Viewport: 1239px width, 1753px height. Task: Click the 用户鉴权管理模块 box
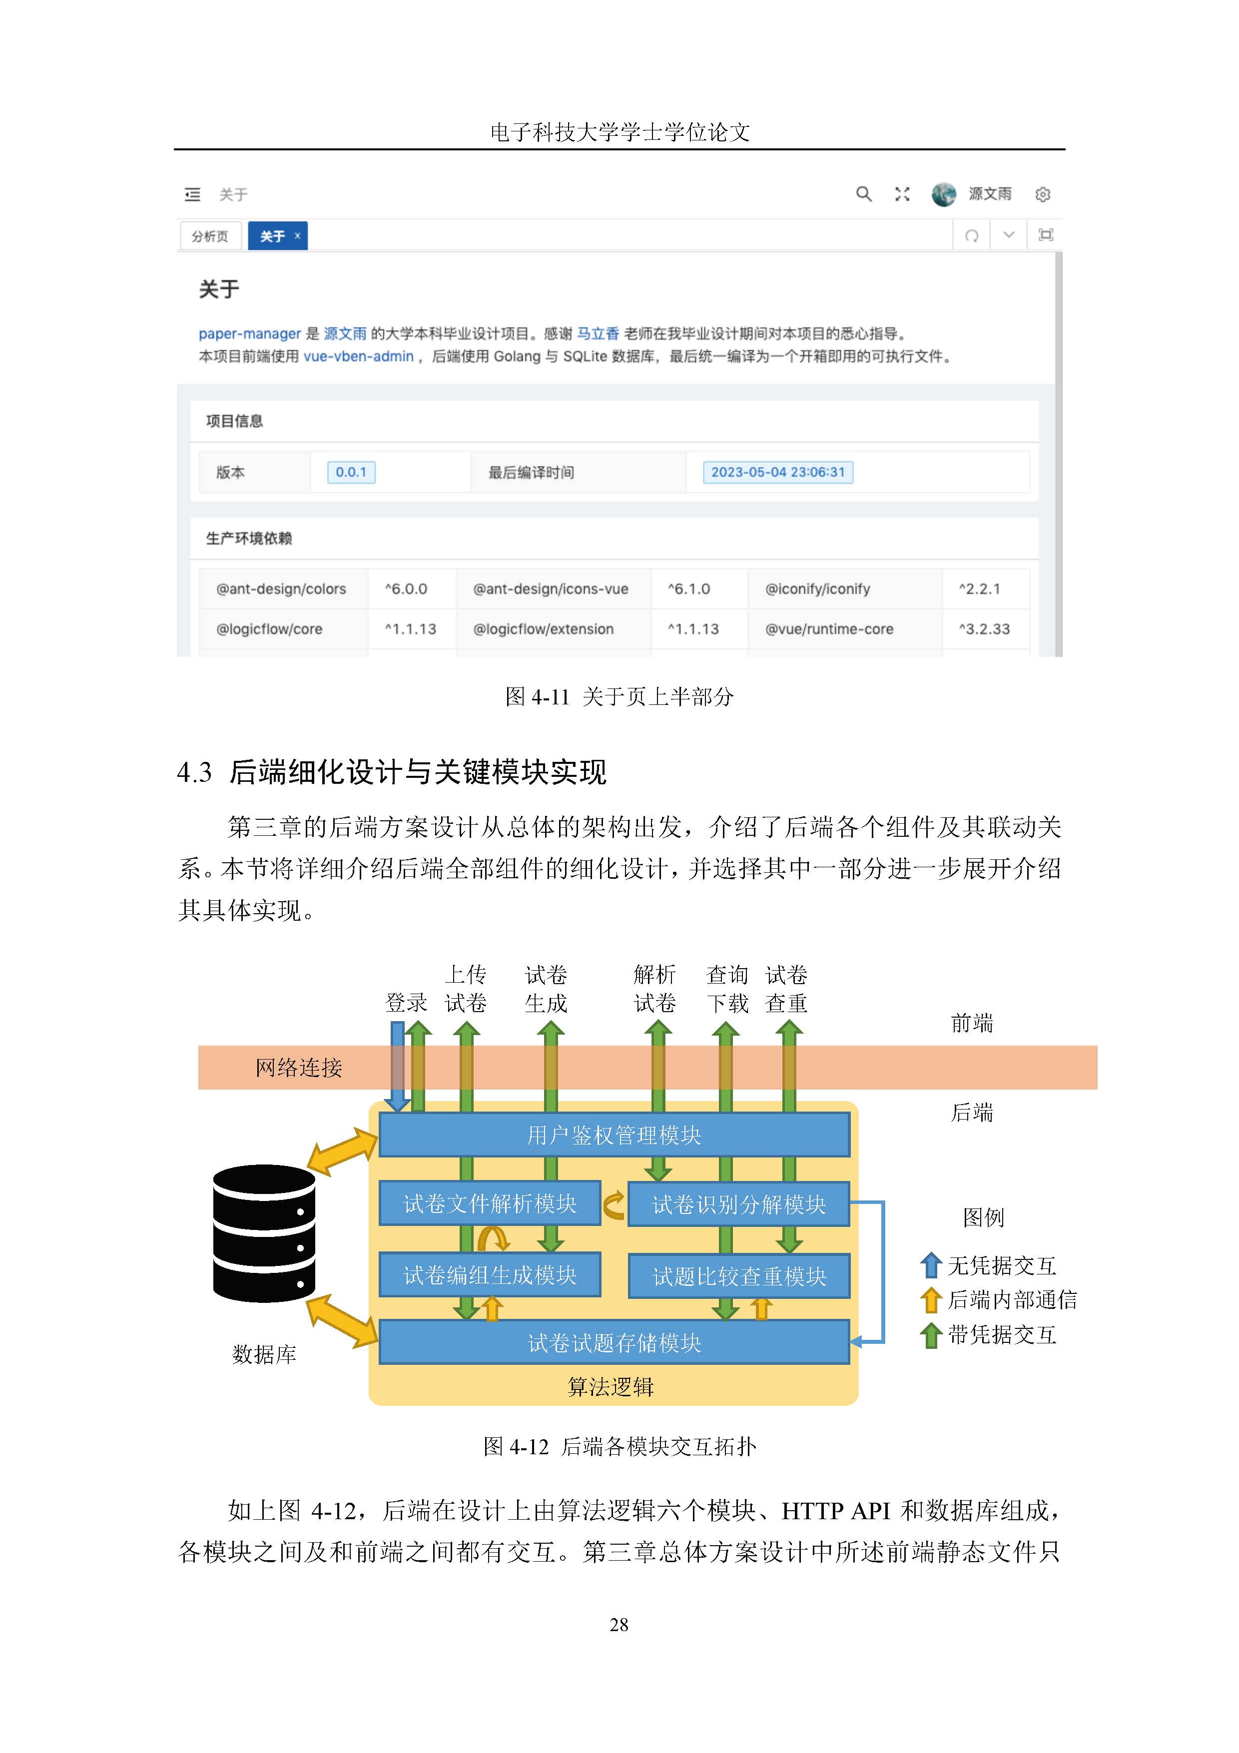[x=614, y=1135]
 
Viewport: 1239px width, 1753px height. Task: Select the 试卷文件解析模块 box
[x=489, y=1203]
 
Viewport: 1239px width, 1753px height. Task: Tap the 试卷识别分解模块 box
[x=738, y=1204]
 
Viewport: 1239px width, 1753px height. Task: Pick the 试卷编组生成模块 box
[x=489, y=1274]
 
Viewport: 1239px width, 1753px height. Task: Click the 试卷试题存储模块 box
[x=614, y=1342]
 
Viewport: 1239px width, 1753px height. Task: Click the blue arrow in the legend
[x=931, y=1265]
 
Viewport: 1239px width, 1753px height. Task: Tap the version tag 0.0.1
[x=351, y=472]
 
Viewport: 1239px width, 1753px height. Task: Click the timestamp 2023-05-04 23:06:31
[x=778, y=472]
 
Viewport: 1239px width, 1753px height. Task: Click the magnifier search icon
[x=863, y=194]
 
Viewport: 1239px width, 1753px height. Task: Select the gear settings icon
[x=1043, y=195]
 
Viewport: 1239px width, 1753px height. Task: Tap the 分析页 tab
[x=210, y=236]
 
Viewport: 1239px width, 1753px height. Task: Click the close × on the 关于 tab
[x=297, y=236]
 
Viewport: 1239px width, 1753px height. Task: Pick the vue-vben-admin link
[x=359, y=357]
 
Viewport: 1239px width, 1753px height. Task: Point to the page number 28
[x=619, y=1625]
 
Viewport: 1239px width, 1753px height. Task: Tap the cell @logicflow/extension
[x=544, y=629]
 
